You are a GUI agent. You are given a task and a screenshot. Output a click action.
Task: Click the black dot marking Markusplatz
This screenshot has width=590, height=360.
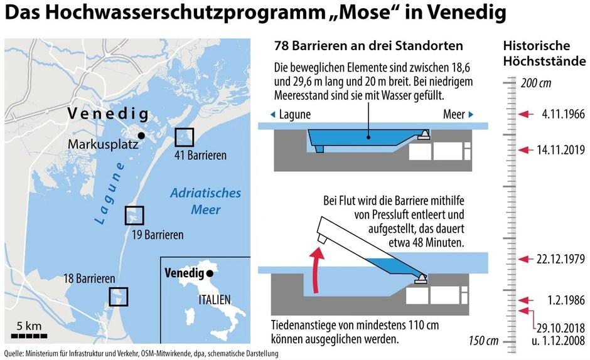142,135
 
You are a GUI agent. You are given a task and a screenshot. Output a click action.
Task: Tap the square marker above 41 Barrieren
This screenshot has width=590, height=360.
185,137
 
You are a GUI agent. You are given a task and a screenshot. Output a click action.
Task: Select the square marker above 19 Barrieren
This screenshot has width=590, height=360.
134,215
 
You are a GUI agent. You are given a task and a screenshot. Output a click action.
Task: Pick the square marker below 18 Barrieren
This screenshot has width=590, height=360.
118,297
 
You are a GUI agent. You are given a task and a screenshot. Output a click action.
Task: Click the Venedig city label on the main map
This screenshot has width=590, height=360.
108,115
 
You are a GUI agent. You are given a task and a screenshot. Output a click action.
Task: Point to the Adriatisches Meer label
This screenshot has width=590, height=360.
205,201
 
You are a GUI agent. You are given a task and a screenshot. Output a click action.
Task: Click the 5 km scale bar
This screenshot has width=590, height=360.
29,335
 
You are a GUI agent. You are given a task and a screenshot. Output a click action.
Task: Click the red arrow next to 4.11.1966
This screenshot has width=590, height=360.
527,114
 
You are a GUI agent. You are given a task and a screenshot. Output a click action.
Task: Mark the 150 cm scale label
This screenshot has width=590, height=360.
483,341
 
